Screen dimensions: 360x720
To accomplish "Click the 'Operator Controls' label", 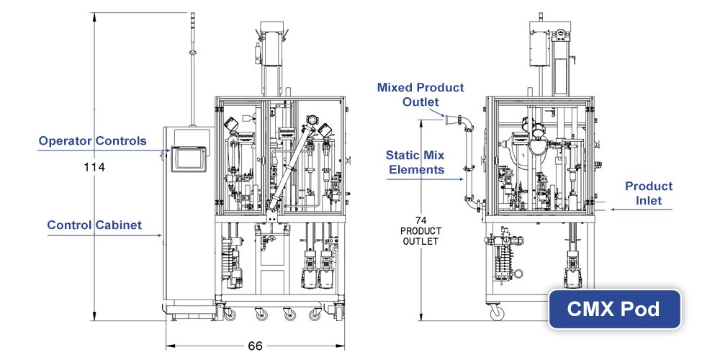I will click(x=92, y=140).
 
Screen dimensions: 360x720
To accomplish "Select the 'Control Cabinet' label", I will click(x=94, y=225).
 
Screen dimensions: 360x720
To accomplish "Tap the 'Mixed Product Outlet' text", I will click(x=421, y=94).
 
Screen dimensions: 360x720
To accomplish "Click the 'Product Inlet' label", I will click(x=648, y=193).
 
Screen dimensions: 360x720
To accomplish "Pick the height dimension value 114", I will click(x=94, y=167).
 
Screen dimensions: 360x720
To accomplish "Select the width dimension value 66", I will click(x=255, y=346).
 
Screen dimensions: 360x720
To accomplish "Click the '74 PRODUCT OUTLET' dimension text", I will click(x=420, y=231).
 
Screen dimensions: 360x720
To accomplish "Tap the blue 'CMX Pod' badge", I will click(x=614, y=310).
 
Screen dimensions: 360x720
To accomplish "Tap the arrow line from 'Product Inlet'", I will click(x=641, y=210).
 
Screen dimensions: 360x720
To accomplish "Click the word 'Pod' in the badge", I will click(x=642, y=310).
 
